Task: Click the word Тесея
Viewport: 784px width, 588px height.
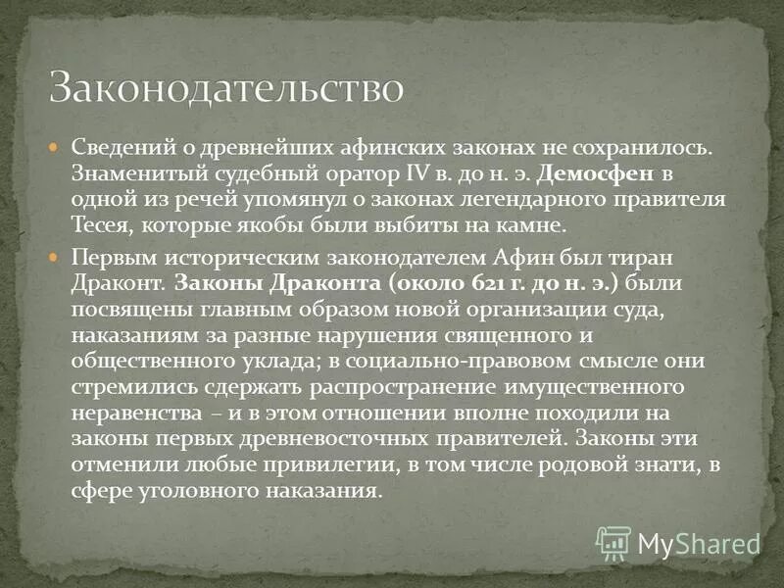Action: pyautogui.click(x=101, y=224)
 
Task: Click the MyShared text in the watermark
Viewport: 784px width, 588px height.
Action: pyautogui.click(x=699, y=543)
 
